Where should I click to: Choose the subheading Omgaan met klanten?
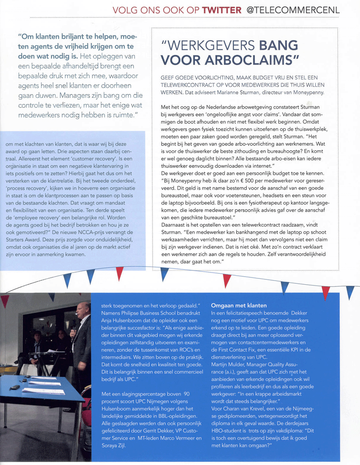238,306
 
